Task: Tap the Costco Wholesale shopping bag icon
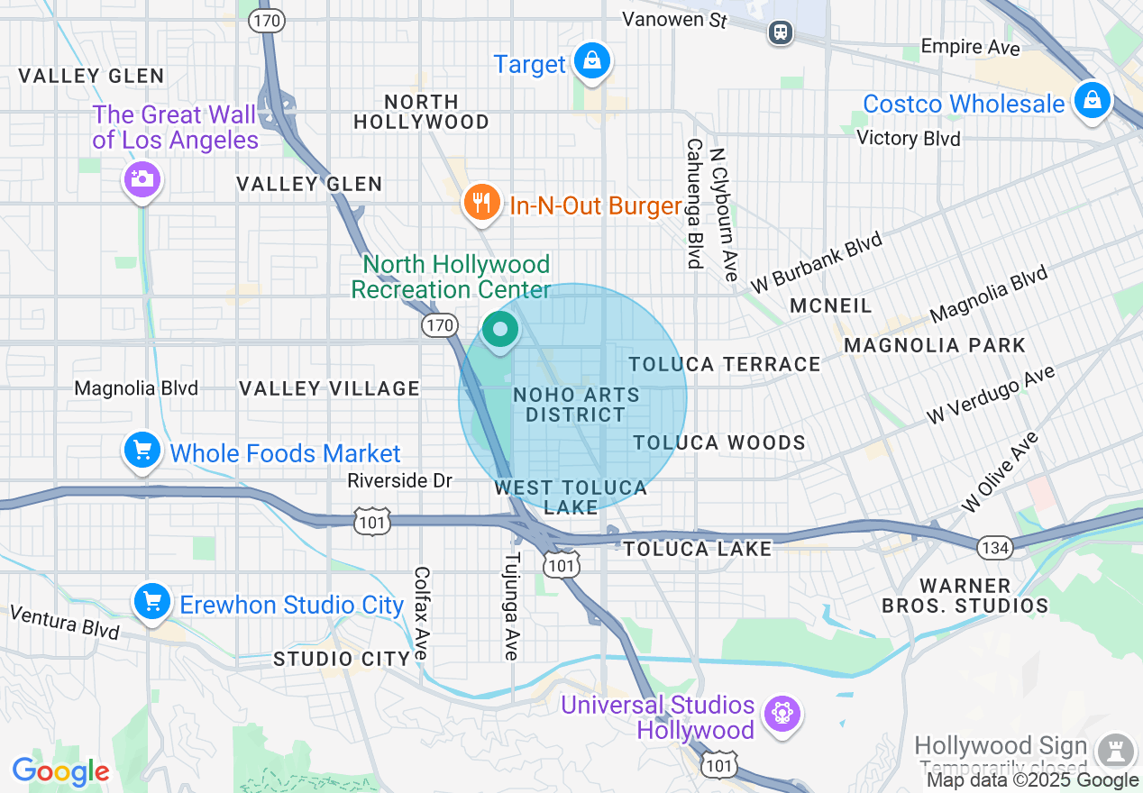coord(1092,99)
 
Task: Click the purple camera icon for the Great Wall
coord(142,178)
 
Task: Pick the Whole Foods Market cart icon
coord(142,451)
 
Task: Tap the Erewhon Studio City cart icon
coord(151,602)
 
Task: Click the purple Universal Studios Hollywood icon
coord(781,715)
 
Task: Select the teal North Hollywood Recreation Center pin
coord(499,330)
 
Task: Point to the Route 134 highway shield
coord(995,546)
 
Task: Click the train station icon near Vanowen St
coord(781,32)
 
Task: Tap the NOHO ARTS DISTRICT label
coord(575,405)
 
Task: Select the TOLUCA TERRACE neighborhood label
coord(725,364)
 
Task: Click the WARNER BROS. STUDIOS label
coord(965,596)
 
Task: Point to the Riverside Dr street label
coord(399,480)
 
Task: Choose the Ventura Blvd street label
coord(64,622)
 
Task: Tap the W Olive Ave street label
coord(1001,472)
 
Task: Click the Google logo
coord(60,771)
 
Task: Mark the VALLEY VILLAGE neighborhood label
coord(329,388)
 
